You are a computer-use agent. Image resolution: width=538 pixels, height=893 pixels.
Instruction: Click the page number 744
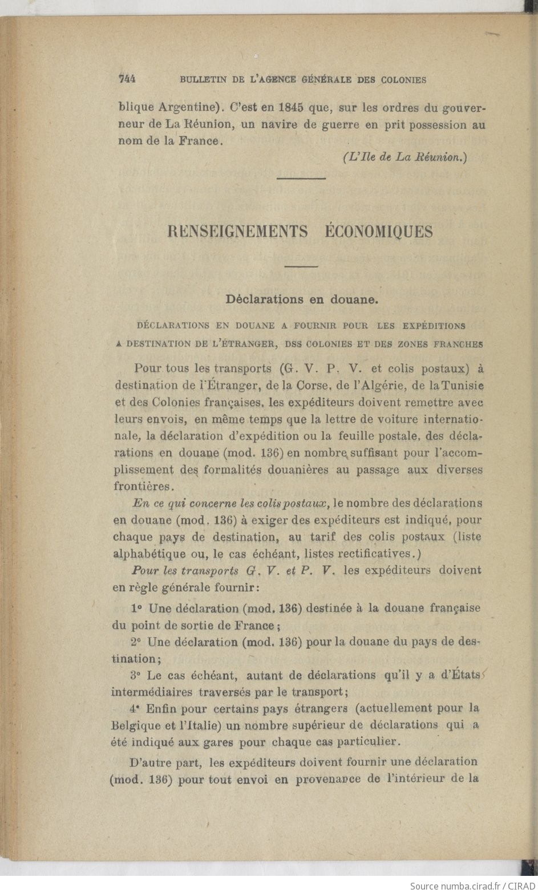click(x=127, y=80)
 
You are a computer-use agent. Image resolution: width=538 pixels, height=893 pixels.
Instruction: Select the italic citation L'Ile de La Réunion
click(x=405, y=158)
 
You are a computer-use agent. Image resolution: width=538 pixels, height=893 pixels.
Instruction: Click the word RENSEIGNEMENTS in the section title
click(x=238, y=232)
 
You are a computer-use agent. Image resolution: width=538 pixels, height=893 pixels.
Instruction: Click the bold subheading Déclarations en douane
click(x=302, y=299)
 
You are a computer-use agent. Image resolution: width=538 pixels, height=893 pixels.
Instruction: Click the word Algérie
click(x=379, y=386)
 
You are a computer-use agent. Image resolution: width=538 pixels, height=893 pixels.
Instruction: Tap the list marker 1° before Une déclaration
click(x=136, y=608)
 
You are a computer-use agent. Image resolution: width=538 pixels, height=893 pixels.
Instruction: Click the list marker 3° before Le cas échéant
click(x=135, y=676)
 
